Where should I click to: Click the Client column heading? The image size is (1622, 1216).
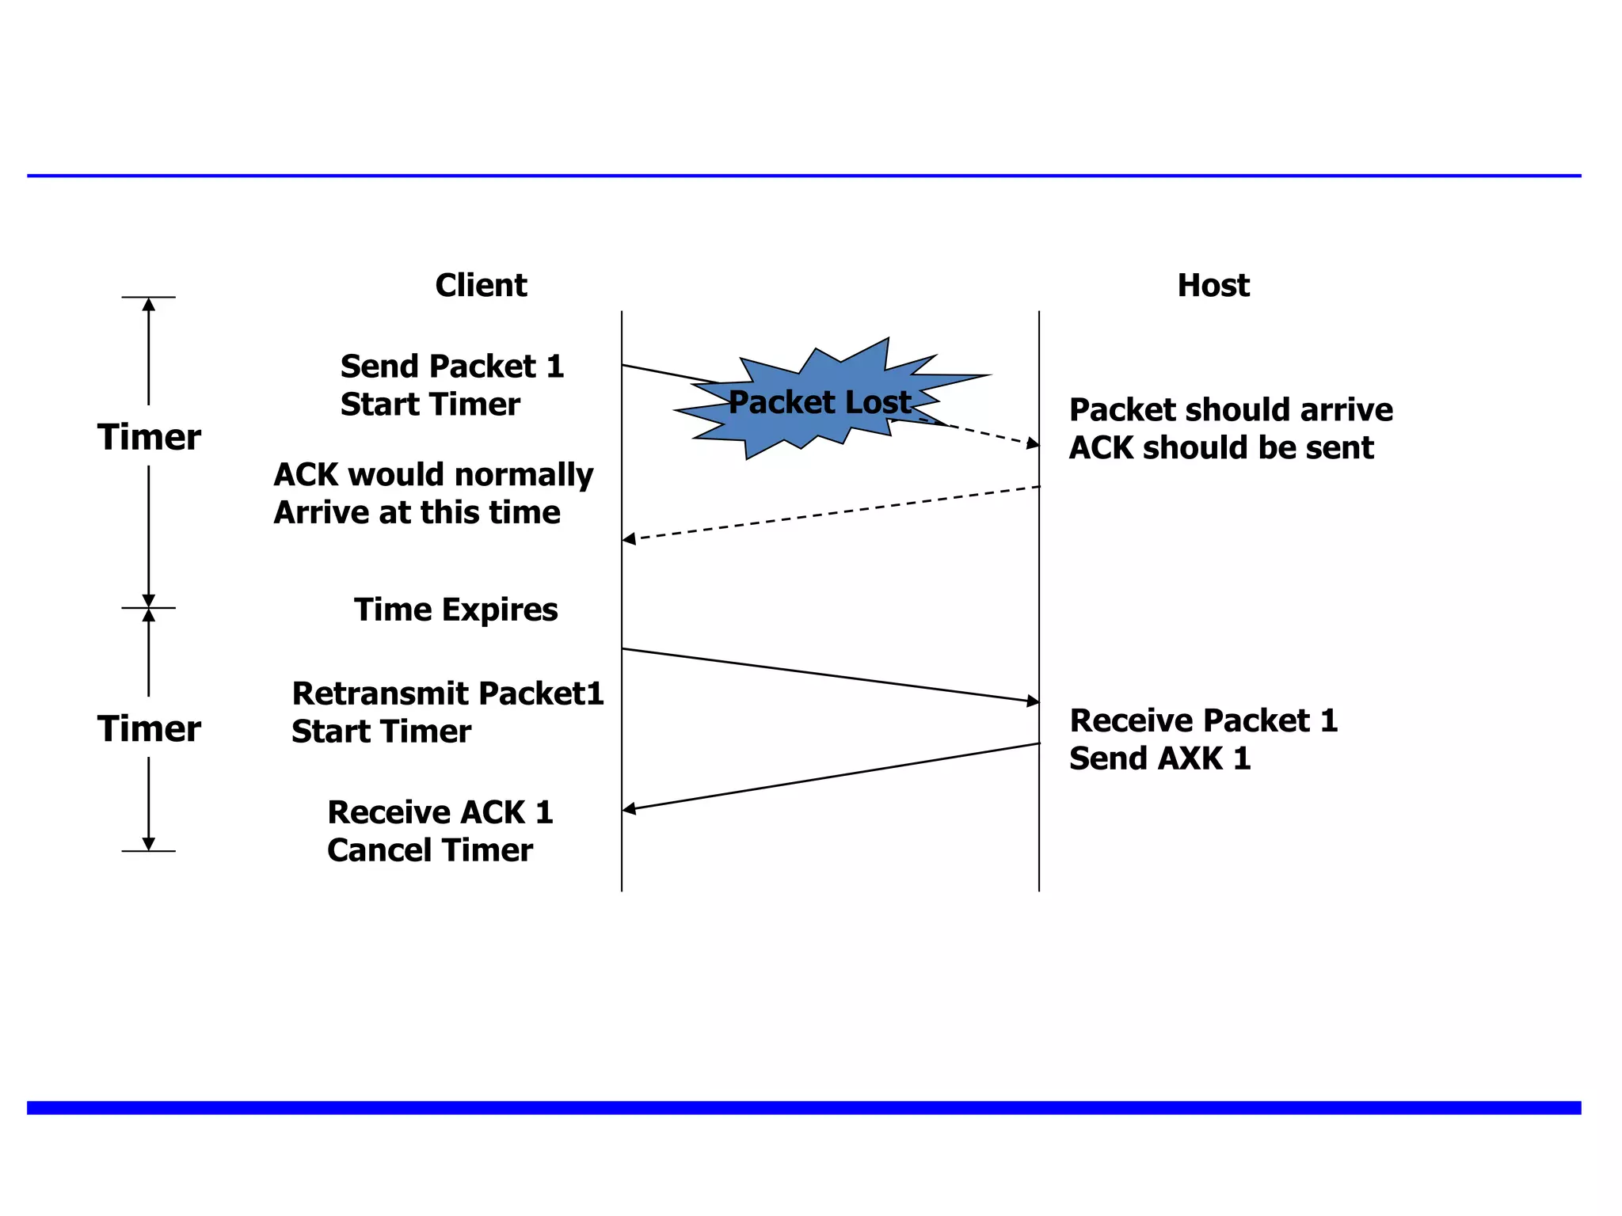(x=481, y=285)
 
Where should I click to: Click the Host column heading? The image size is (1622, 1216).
(x=1213, y=285)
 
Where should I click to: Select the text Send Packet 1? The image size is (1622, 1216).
(x=451, y=367)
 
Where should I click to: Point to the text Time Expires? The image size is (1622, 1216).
(x=455, y=610)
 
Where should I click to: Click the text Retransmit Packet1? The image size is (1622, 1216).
(x=447, y=693)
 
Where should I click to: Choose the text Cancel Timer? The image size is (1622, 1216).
(x=429, y=850)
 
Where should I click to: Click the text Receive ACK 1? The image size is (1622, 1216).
(x=440, y=812)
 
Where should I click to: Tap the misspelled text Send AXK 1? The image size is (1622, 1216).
(x=1159, y=758)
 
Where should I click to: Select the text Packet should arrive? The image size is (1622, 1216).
(x=1230, y=410)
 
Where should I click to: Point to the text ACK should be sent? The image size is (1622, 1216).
(x=1220, y=448)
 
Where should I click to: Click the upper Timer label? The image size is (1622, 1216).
(x=149, y=437)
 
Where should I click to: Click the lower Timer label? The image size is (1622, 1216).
(x=149, y=728)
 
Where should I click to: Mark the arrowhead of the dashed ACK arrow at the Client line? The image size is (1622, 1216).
(x=629, y=539)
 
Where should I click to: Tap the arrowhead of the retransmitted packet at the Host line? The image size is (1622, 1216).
(x=1033, y=701)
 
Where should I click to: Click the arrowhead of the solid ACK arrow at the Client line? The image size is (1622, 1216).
(x=629, y=808)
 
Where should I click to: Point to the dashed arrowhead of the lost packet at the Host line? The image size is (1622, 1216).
(x=1033, y=443)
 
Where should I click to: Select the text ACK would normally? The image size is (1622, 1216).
(x=433, y=475)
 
